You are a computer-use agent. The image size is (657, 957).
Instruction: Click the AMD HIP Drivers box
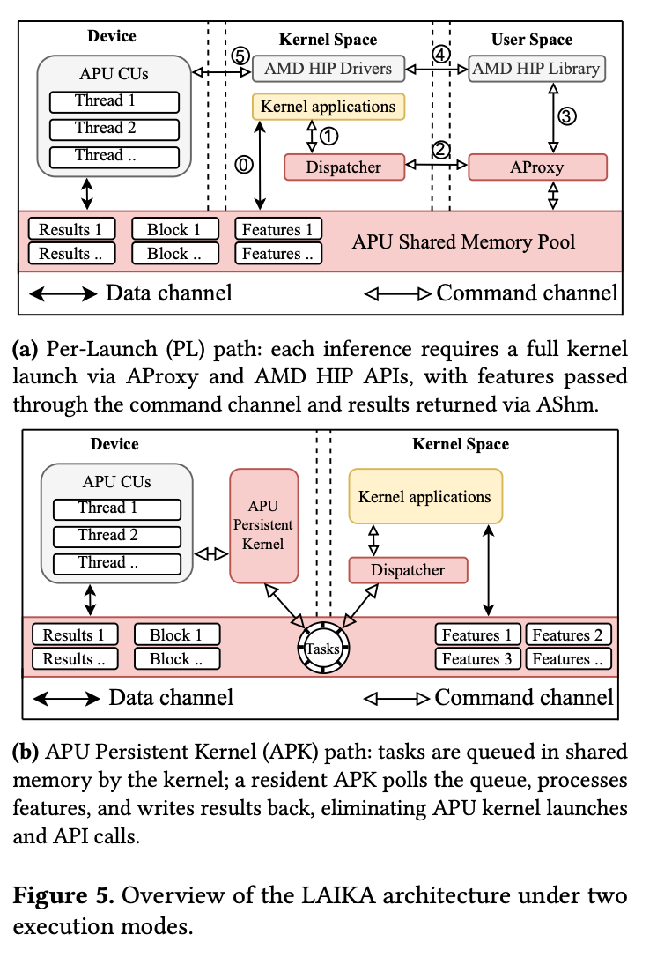click(328, 68)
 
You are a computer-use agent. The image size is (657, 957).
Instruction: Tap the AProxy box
click(537, 167)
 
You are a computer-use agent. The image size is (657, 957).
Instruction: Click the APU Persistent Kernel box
click(263, 525)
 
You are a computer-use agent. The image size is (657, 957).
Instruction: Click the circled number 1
click(328, 136)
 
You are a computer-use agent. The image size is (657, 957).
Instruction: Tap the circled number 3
click(569, 115)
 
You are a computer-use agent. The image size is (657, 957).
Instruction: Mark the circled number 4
click(440, 54)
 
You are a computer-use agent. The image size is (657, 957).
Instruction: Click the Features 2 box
click(567, 634)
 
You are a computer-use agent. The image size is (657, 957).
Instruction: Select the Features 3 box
click(476, 659)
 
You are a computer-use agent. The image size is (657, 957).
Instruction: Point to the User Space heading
click(532, 40)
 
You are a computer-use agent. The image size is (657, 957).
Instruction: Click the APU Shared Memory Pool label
click(463, 241)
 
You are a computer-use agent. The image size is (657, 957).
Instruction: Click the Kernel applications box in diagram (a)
click(328, 107)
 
